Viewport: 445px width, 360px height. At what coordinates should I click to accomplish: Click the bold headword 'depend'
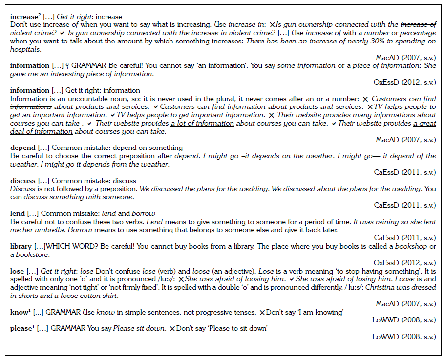click(x=22, y=148)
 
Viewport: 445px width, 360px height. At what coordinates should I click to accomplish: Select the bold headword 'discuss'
click(x=23, y=181)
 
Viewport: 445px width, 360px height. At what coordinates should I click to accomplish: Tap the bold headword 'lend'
click(x=18, y=213)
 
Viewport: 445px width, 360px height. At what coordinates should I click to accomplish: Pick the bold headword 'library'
click(x=21, y=247)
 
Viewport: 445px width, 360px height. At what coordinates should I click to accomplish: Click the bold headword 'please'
click(x=21, y=328)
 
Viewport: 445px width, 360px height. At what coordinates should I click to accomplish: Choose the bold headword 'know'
click(x=19, y=312)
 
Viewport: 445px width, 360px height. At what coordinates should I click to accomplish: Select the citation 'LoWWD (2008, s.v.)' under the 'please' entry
click(x=404, y=337)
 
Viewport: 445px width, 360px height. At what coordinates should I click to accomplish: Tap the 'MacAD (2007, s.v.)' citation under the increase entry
click(x=405, y=58)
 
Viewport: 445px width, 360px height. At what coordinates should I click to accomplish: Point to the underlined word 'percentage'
click(x=418, y=33)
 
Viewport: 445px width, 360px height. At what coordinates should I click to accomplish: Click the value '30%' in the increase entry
click(x=377, y=41)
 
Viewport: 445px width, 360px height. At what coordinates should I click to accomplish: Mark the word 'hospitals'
click(x=25, y=49)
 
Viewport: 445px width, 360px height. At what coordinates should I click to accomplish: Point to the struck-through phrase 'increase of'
click(x=418, y=24)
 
